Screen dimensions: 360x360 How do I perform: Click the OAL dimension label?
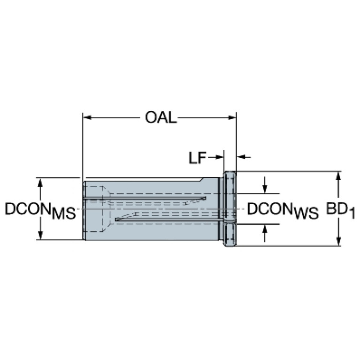161,118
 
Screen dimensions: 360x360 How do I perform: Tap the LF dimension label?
197,158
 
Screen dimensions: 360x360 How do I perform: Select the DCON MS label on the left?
40,210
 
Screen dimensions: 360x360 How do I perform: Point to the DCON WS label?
283,210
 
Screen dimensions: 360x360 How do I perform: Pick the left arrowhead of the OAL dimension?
87,118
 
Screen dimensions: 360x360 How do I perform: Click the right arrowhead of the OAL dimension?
232,118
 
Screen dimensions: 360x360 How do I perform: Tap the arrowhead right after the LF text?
219,157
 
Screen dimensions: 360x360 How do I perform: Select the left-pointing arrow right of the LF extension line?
244,157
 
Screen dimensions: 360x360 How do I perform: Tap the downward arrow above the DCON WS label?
265,185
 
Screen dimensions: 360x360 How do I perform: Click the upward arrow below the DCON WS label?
265,233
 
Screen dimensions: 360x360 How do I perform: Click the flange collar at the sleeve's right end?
230,209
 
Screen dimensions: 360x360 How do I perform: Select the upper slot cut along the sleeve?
145,198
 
